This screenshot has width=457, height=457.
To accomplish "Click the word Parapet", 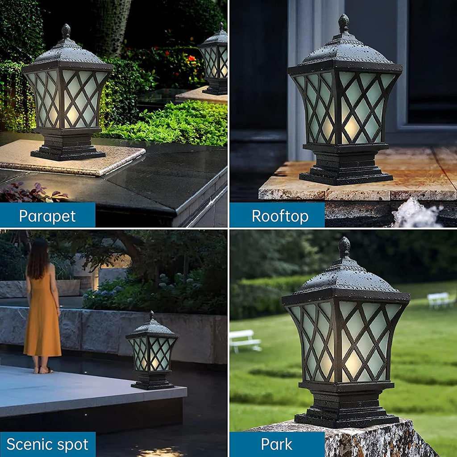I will [x=47, y=216].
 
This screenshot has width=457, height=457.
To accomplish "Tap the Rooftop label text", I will [x=280, y=216].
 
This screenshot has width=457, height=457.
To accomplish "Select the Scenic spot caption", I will [x=47, y=445].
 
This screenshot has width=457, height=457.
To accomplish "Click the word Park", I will [x=277, y=445].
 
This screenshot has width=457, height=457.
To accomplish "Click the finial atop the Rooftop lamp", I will [x=343, y=22].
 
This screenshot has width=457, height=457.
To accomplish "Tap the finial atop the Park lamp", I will [x=344, y=246].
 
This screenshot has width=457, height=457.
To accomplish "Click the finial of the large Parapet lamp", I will [x=66, y=31].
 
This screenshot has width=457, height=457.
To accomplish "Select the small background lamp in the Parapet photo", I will [x=215, y=60].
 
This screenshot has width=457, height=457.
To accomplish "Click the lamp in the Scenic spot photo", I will [x=152, y=351].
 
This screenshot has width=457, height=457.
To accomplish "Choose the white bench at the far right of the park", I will [x=440, y=300].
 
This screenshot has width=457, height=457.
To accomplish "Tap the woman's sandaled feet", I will [x=43, y=370].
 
